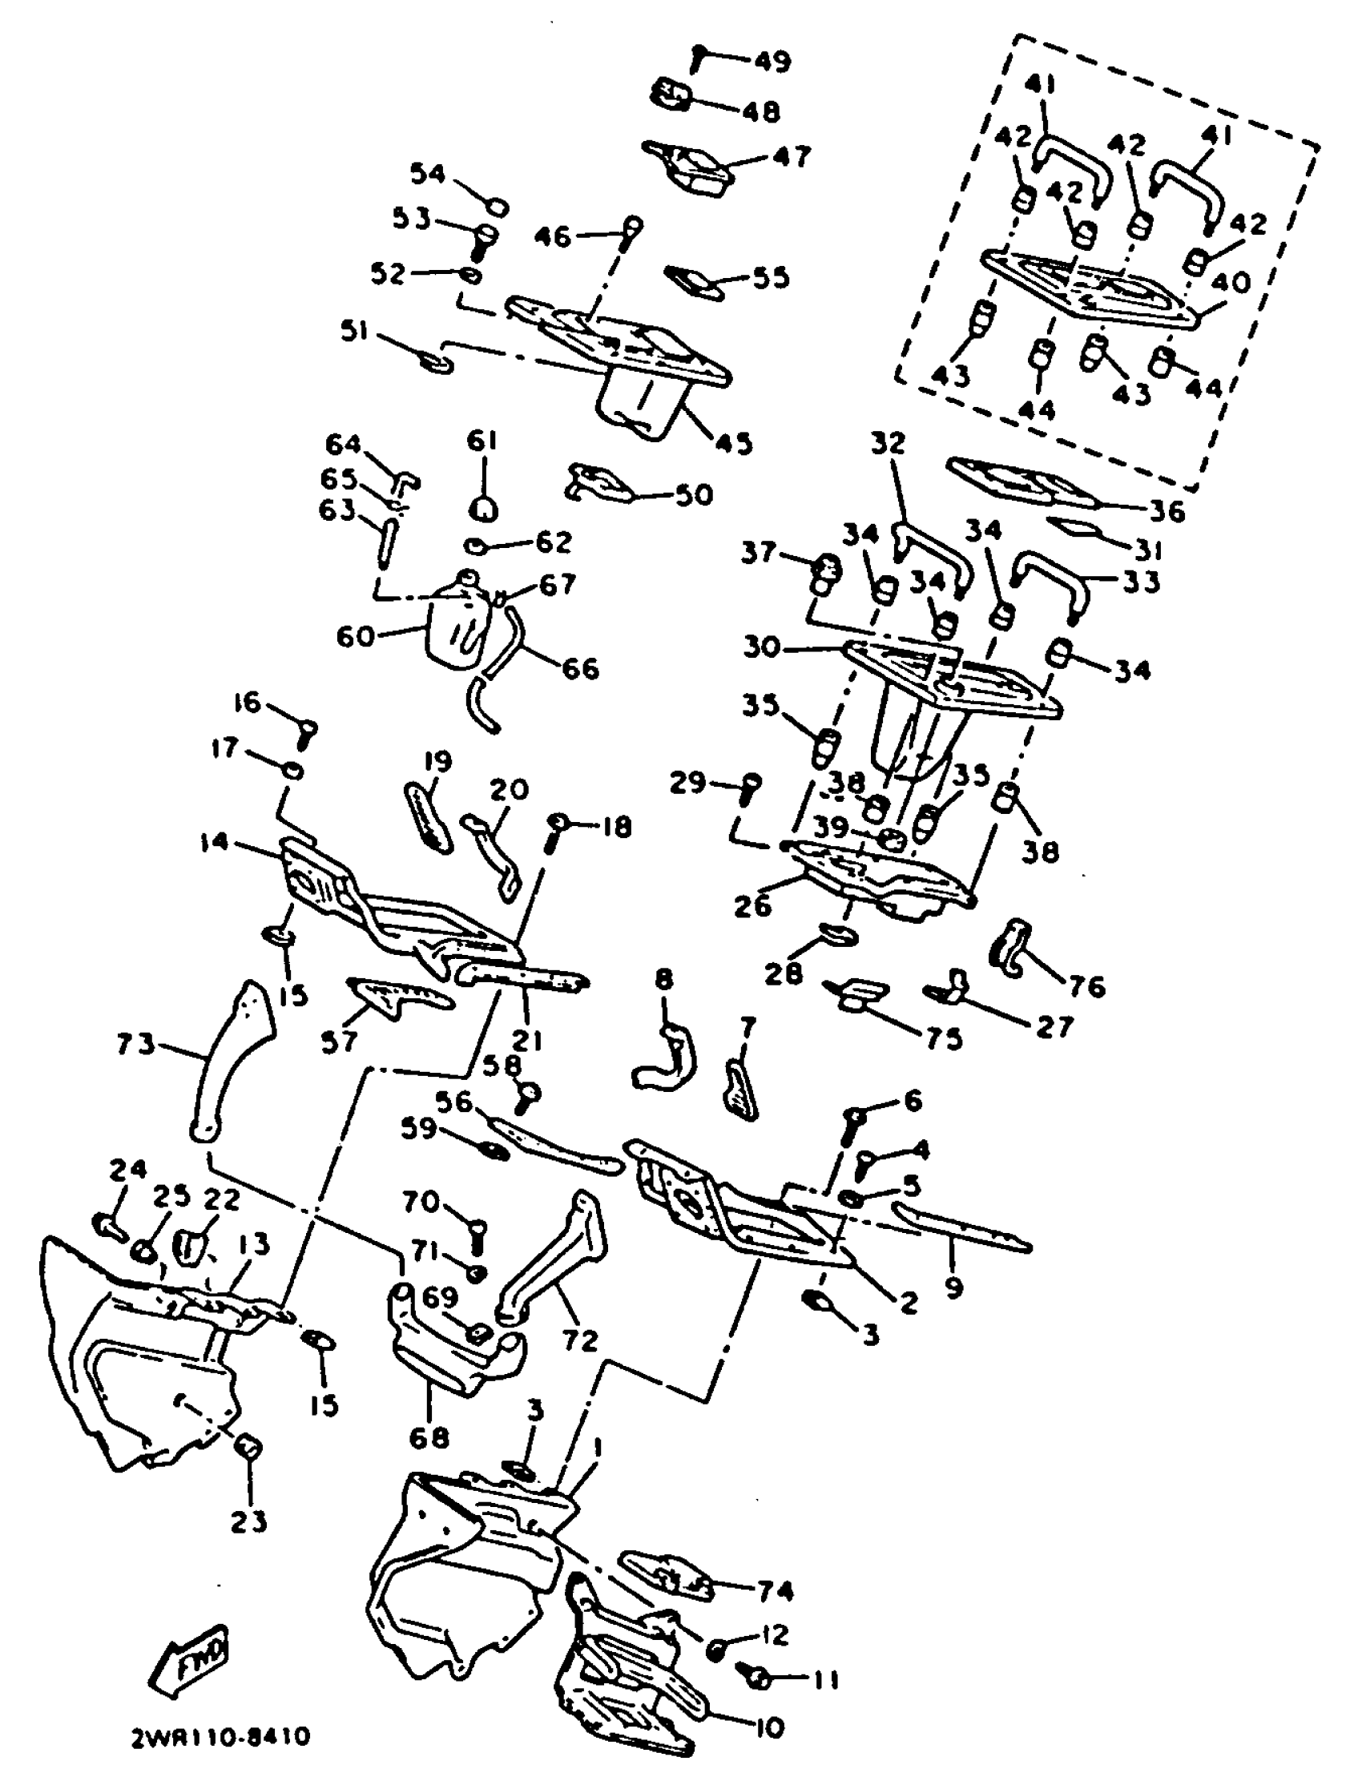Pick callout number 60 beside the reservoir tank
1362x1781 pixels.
355,636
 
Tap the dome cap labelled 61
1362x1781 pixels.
483,508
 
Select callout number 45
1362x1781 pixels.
735,443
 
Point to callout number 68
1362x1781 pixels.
429,1437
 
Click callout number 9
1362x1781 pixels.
954,1287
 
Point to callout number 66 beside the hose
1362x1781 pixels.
580,669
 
